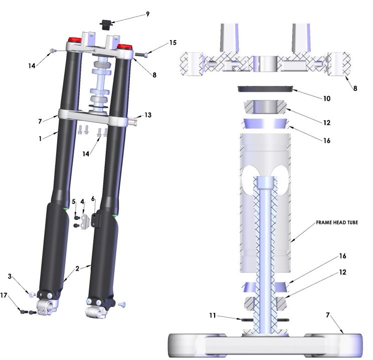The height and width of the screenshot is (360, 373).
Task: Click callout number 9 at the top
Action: pos(147,14)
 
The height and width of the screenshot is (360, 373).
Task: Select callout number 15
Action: pos(172,43)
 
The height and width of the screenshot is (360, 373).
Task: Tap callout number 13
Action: pos(147,115)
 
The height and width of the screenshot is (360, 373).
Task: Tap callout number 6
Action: pos(93,199)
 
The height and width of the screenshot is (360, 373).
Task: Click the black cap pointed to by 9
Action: pos(105,24)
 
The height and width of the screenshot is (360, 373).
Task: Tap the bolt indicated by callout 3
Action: pos(31,294)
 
